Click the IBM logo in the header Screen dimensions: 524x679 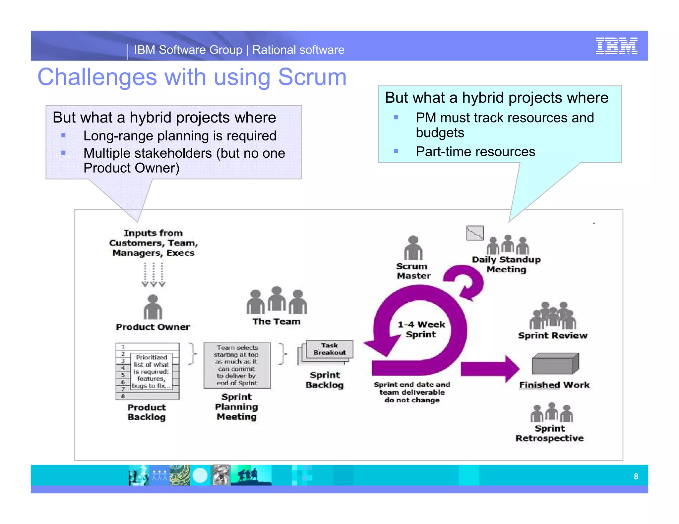tap(616, 46)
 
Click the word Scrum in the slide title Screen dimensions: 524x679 tap(312, 77)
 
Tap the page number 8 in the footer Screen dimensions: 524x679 tap(636, 476)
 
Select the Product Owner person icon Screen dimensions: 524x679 tap(153, 307)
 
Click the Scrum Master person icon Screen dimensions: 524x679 tap(413, 248)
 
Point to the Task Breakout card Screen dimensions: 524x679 tap(329, 349)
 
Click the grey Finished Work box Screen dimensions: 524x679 tap(555, 364)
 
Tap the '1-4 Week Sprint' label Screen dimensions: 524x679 tap(421, 329)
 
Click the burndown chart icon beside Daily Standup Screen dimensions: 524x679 tap(474, 233)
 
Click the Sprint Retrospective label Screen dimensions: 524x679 tap(549, 433)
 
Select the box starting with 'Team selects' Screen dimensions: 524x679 tap(237, 365)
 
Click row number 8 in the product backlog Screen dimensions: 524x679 tap(123, 396)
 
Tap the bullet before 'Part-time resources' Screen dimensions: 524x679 tap(396, 151)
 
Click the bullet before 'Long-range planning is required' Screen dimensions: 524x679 tap(63, 135)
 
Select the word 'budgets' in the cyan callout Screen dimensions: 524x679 tap(440, 133)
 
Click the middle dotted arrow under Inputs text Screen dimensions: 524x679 tap(154, 275)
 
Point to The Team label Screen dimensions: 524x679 tap(276, 321)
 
